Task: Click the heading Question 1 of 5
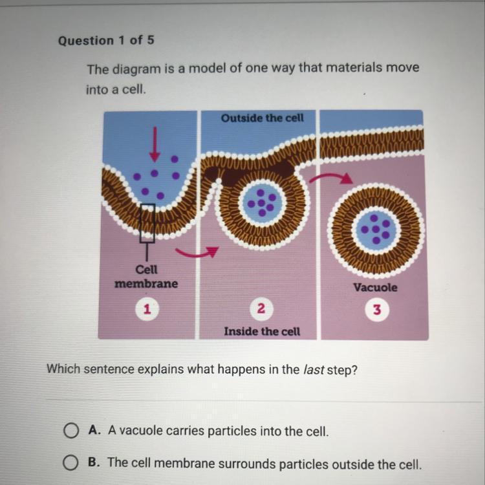106,41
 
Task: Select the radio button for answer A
71,431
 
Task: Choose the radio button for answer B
71,463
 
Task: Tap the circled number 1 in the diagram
147,308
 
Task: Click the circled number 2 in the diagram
261,308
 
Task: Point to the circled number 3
377,310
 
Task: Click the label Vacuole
375,287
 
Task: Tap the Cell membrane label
146,277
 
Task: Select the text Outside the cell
263,118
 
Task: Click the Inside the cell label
262,332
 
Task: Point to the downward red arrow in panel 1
155,144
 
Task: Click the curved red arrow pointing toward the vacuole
331,178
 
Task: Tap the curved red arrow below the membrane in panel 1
197,252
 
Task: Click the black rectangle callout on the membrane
147,223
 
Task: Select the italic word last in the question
314,369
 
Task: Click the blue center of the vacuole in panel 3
376,230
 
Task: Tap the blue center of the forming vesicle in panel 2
262,202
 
